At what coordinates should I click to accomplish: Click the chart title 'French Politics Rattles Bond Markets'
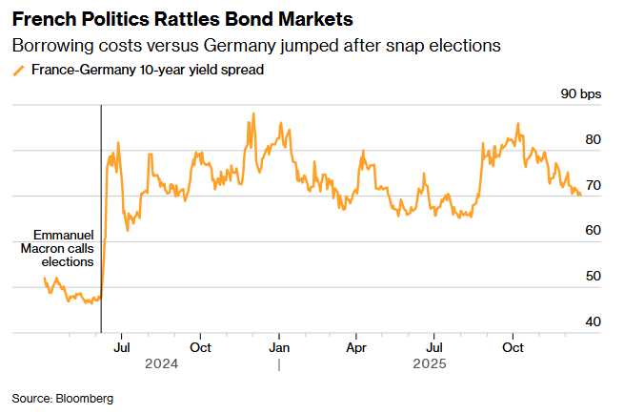177,19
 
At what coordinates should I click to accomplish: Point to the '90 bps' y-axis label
581,94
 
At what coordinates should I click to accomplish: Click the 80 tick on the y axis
593,139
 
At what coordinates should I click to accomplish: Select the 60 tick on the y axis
593,231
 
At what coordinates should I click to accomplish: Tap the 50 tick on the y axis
593,277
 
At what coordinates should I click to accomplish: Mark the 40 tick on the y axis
593,322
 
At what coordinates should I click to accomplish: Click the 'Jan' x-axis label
279,347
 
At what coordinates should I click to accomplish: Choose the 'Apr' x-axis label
355,347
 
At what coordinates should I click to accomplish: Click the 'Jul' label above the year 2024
122,347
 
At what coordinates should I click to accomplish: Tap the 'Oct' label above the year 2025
513,347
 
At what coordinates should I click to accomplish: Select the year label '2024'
161,364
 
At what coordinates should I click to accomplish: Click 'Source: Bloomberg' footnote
63,398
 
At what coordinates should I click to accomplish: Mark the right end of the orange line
581,195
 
